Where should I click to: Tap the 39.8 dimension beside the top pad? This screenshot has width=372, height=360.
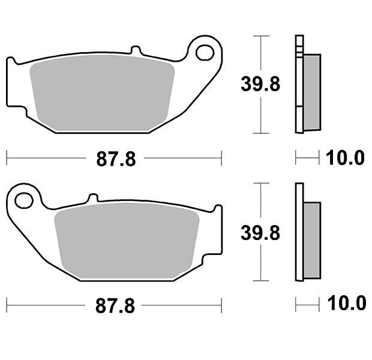[260, 84]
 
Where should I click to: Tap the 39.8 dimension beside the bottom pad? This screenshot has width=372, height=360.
[260, 233]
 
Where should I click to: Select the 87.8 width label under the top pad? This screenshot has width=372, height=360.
[116, 159]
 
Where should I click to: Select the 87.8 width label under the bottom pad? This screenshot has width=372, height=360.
[115, 306]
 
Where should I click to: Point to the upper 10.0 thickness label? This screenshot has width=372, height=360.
[345, 158]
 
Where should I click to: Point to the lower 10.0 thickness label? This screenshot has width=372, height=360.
[347, 303]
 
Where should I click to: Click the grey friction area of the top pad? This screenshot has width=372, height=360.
[102, 93]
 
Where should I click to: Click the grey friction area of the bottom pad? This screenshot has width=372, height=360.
[127, 241]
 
